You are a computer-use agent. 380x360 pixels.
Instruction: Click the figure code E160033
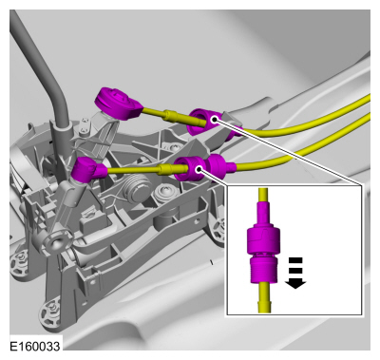coord(35,346)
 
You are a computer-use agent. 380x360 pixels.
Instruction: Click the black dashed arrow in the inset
coord(295,273)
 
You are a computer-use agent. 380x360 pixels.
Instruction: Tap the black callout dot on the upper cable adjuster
coord(215,120)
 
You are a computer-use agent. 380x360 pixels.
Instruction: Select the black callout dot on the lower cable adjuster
coord(199,169)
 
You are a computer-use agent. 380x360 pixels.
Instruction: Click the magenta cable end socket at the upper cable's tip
coord(118,103)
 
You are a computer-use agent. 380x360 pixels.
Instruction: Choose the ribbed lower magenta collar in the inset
coord(263,270)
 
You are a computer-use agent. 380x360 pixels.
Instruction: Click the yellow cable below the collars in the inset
coord(264,297)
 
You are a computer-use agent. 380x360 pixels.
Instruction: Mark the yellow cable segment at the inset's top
coord(263,196)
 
